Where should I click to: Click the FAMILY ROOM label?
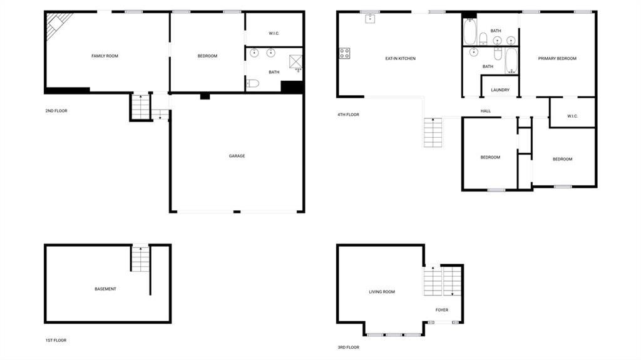[105, 56]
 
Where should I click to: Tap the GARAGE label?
[237, 156]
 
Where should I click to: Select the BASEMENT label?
[105, 289]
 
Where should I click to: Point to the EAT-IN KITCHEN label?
[400, 58]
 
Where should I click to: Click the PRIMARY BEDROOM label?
[557, 58]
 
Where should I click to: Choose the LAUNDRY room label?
[500, 90]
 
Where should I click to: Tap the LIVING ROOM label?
[382, 292]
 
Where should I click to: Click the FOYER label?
[441, 310]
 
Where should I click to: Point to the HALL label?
[486, 111]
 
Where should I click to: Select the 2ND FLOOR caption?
[56, 111]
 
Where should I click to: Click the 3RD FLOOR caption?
[348, 347]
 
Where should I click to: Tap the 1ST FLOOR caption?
[56, 341]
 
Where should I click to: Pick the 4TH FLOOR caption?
[348, 115]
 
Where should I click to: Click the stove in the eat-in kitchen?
[344, 53]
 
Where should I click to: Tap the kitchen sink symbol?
[370, 18]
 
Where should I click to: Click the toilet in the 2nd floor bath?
[253, 83]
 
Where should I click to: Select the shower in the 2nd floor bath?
[295, 62]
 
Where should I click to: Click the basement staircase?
[140, 259]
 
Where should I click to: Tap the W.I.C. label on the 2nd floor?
[274, 34]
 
